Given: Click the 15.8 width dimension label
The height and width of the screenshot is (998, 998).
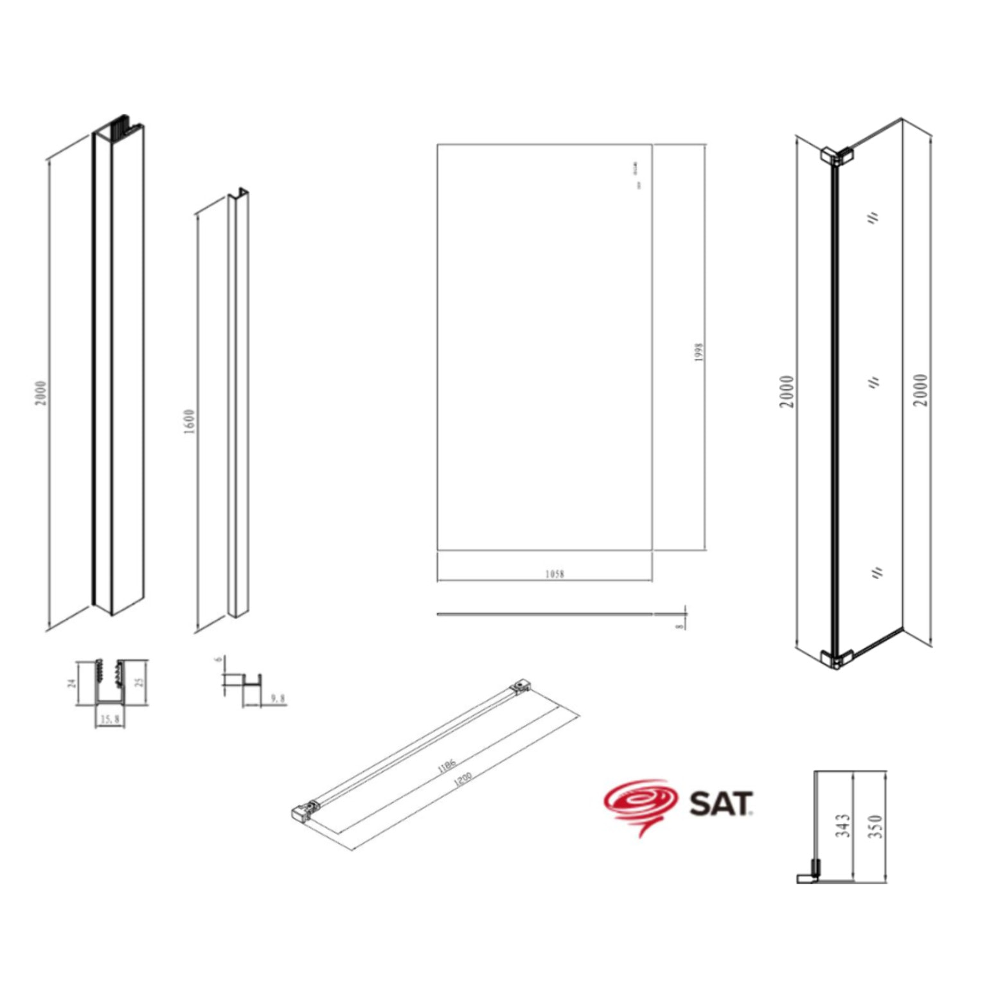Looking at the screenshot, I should click(110, 720).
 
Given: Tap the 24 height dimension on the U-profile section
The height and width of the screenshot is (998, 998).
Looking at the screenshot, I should click(72, 682).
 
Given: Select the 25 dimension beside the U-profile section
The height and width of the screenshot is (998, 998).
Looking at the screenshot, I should click(140, 681).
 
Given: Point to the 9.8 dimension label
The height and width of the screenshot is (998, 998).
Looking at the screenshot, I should click(278, 698).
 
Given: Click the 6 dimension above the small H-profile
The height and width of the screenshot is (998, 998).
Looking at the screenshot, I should click(218, 659).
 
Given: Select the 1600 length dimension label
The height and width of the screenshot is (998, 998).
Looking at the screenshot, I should click(189, 422).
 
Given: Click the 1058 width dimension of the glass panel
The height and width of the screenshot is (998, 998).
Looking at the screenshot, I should click(555, 574).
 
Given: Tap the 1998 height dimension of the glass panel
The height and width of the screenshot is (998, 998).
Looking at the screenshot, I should click(699, 352).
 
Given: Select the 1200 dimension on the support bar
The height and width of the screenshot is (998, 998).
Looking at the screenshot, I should click(463, 780).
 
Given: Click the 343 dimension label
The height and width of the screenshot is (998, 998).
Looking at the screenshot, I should click(843, 825).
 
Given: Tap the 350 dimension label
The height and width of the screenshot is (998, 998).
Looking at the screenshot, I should click(875, 826).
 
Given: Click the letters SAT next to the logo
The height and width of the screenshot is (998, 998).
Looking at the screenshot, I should click(720, 804).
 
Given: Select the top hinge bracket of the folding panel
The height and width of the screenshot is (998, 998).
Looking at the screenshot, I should click(835, 155).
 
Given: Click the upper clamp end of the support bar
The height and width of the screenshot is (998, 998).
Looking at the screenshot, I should click(521, 685).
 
